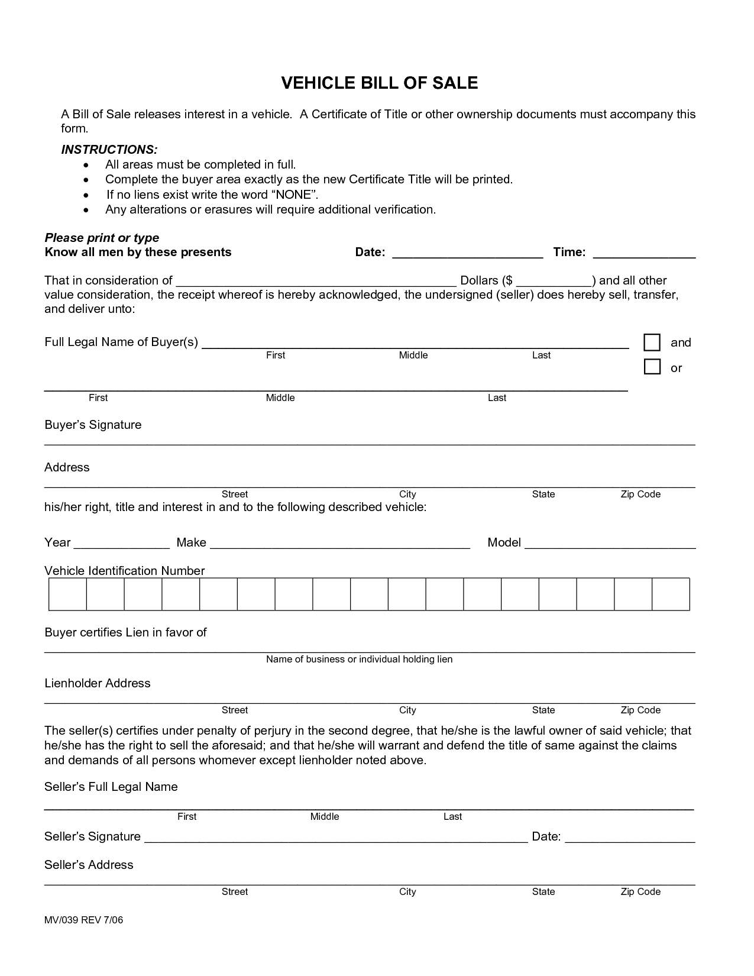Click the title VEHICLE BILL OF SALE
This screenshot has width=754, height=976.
tap(379, 83)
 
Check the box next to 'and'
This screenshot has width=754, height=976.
tap(652, 342)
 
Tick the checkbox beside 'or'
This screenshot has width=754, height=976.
tap(652, 367)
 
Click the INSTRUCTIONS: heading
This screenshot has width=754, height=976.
tap(109, 150)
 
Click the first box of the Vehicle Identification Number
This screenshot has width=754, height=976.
tap(68, 594)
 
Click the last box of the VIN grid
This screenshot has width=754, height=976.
tap(671, 594)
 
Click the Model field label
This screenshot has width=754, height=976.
tap(504, 542)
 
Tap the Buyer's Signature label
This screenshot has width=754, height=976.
tap(93, 425)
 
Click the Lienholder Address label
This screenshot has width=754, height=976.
tap(98, 683)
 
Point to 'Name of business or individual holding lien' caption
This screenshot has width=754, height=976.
tap(359, 659)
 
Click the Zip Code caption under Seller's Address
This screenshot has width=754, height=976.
tap(640, 891)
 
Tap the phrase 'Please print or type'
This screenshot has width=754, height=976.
tap(102, 238)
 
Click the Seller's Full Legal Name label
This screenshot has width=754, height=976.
tap(111, 787)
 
